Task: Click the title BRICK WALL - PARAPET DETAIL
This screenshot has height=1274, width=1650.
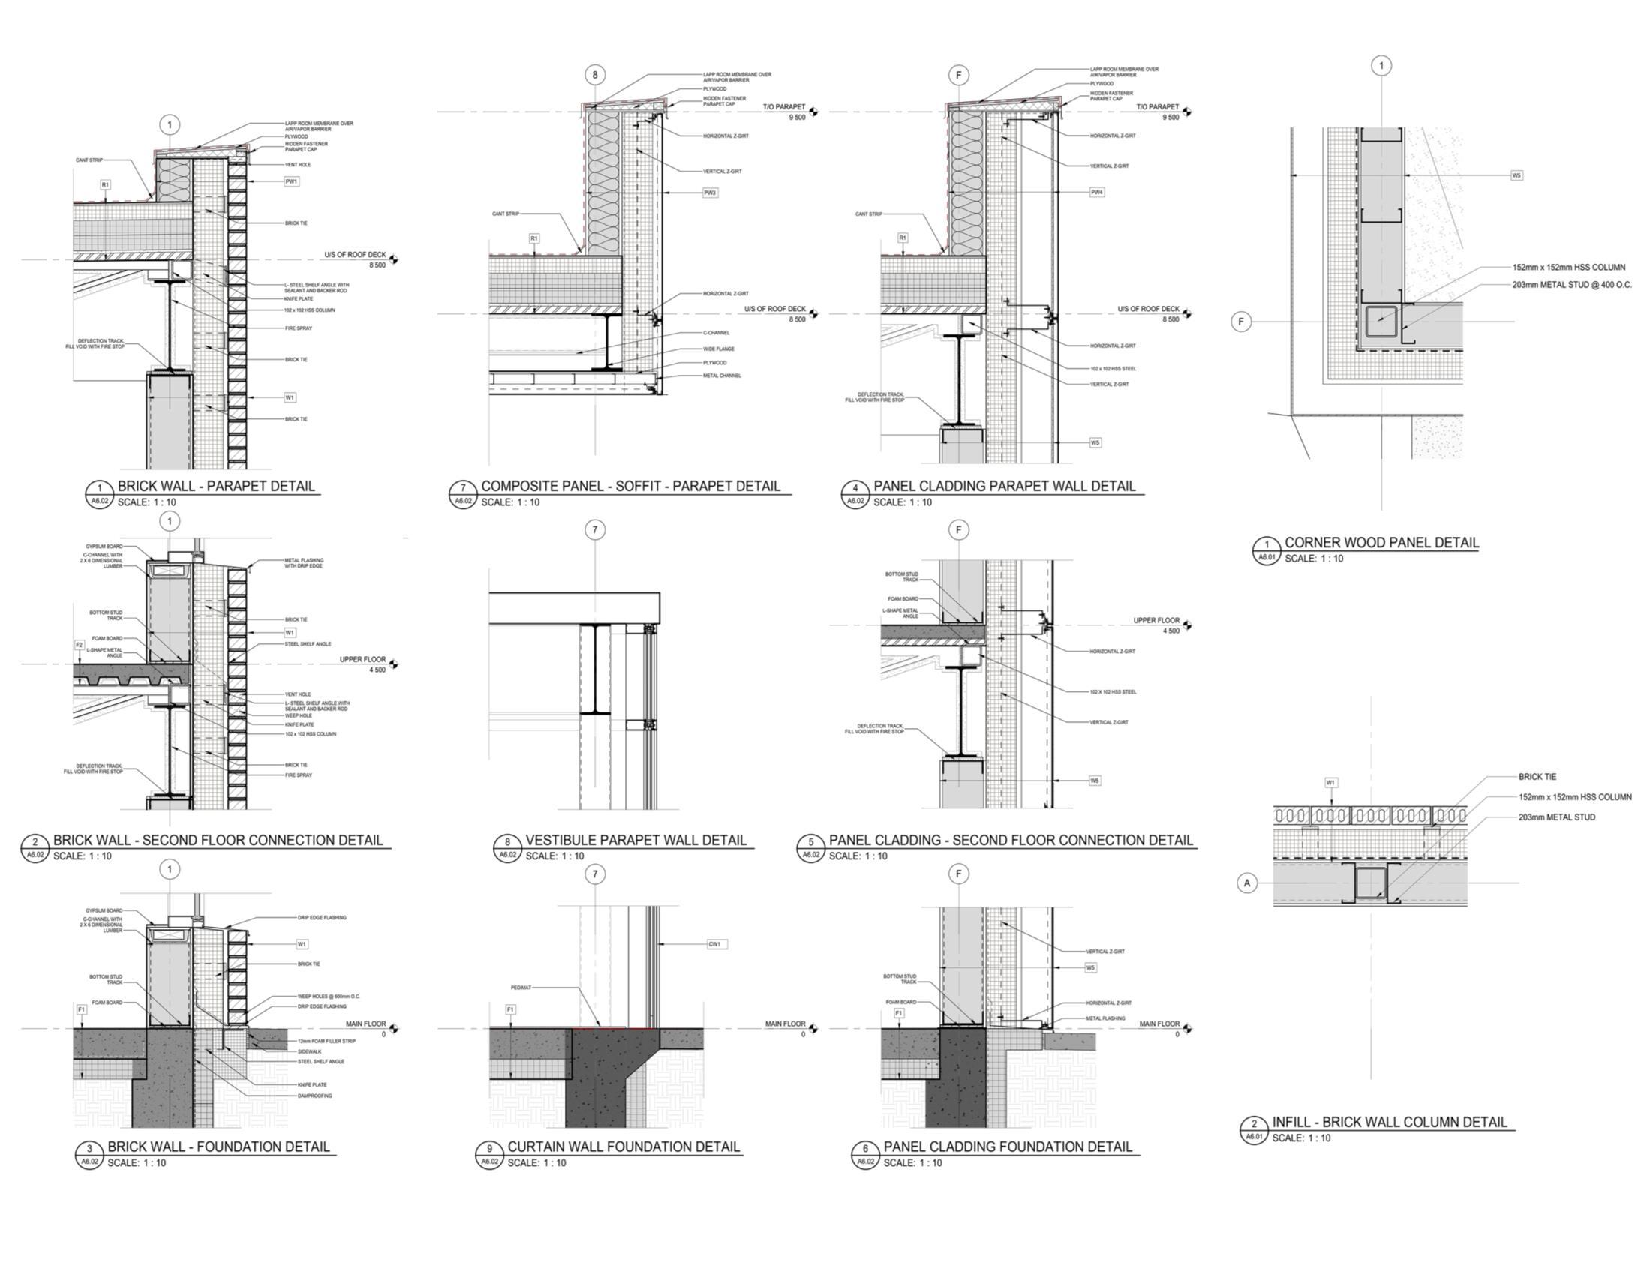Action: tap(216, 487)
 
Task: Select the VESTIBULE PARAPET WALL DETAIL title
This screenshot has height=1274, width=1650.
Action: tap(636, 840)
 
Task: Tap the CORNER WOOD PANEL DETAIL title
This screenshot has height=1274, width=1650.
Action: tap(1382, 542)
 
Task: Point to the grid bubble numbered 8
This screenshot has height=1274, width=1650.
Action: tap(594, 75)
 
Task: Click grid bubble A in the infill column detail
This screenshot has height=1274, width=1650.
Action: tap(1247, 882)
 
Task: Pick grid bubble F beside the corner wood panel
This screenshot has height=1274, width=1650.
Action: tap(1240, 322)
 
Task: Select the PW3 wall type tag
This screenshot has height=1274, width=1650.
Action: tap(709, 193)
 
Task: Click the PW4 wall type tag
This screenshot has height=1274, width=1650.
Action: tap(1097, 193)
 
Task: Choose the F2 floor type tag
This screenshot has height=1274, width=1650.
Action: tap(80, 645)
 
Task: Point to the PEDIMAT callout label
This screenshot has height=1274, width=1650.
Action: tap(521, 987)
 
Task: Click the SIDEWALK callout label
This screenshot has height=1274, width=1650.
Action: tap(310, 1051)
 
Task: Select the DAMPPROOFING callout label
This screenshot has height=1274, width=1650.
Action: tap(315, 1096)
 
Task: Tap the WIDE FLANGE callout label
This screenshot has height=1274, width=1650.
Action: tap(719, 349)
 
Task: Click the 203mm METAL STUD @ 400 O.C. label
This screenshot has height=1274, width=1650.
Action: tap(1571, 285)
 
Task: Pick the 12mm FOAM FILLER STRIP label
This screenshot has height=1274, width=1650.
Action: tap(326, 1041)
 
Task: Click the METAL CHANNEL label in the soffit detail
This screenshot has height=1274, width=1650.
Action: tap(722, 376)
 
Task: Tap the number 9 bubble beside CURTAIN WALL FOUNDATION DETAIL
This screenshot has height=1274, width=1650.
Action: tap(489, 1150)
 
